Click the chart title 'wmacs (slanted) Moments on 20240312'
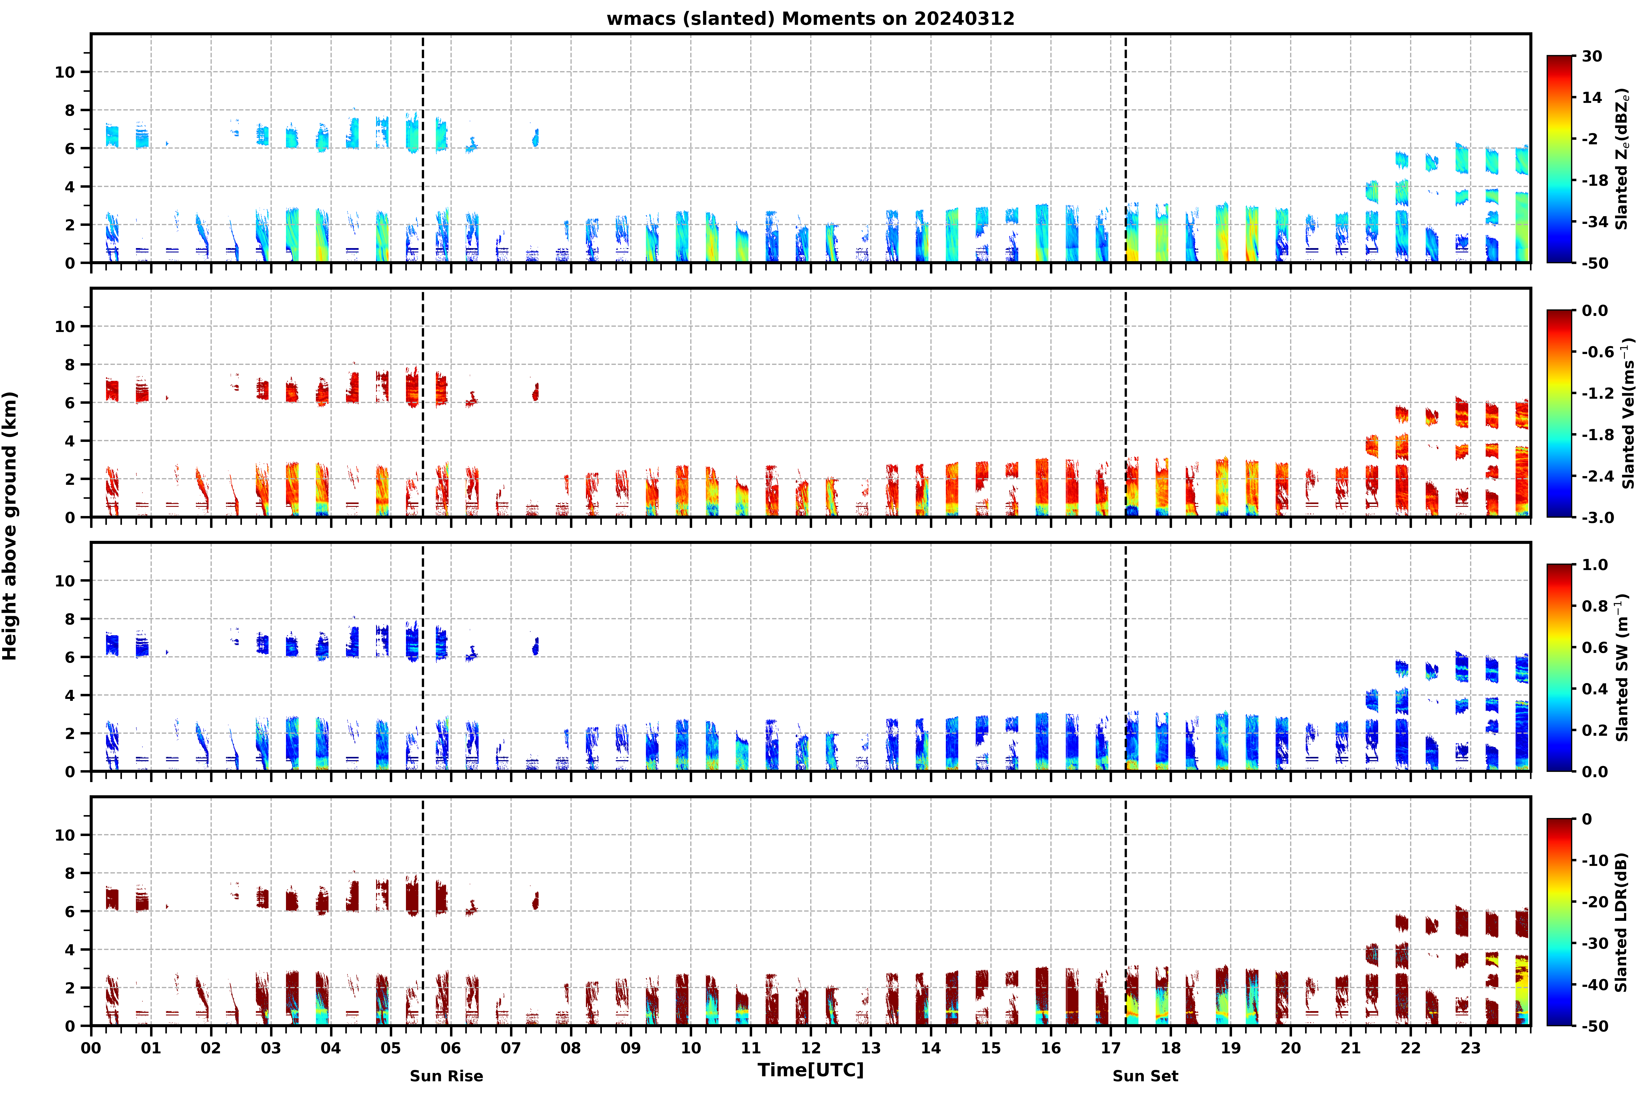coord(810,19)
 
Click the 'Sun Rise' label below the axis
coord(446,1076)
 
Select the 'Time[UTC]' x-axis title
coord(810,1070)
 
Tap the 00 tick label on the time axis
coord(91,1048)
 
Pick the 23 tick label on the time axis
coord(1471,1048)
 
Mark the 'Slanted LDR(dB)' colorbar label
coord(1621,922)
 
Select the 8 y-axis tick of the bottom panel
coord(69,873)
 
